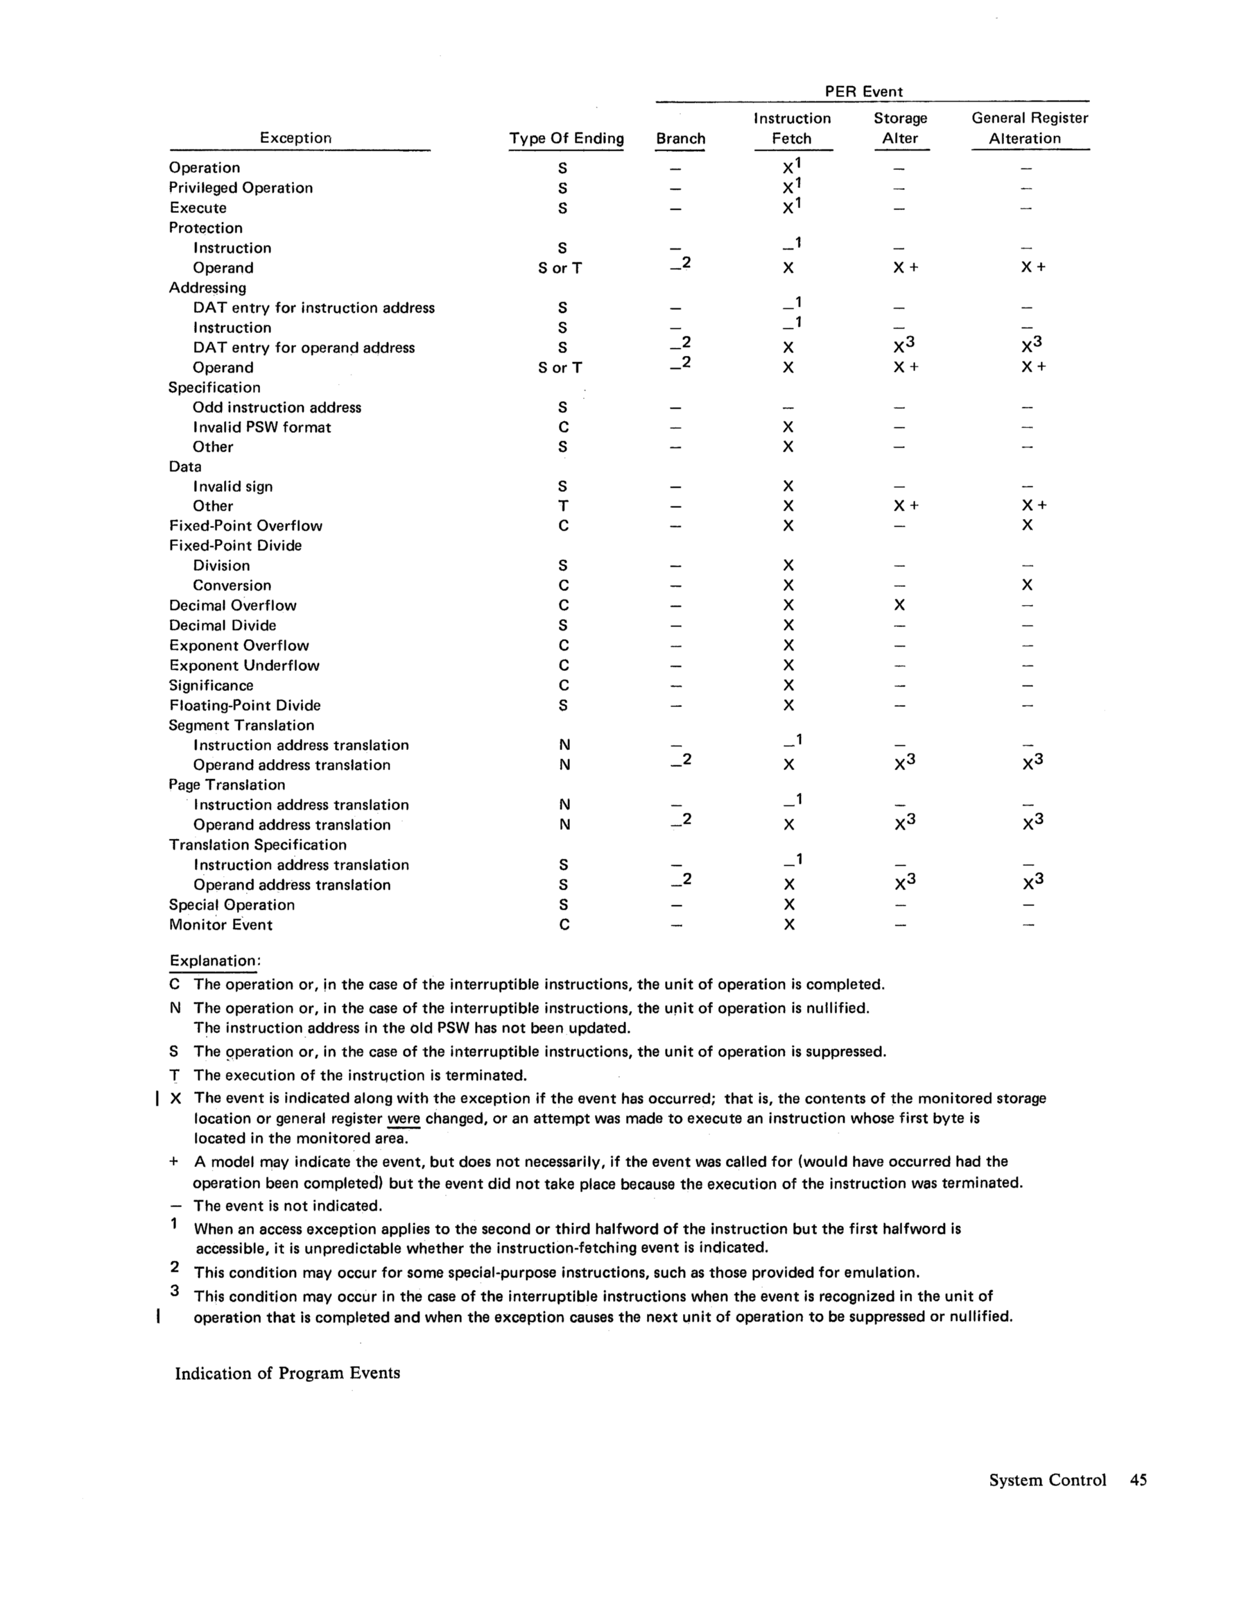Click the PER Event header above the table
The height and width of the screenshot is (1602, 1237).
tap(863, 92)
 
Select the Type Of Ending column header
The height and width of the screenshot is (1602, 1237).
tap(566, 139)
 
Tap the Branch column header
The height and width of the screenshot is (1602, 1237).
tap(680, 139)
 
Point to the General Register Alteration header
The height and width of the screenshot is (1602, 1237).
tap(1030, 128)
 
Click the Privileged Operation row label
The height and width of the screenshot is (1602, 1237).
tap(241, 188)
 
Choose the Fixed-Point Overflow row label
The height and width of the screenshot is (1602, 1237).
tap(245, 526)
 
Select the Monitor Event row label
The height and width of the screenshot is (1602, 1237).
tap(220, 925)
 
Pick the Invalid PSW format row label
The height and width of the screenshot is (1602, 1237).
tap(262, 427)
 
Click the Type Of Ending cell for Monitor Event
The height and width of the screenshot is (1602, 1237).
tap(563, 925)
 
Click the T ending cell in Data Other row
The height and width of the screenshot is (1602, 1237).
tap(563, 506)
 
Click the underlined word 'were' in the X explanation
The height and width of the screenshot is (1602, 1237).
tap(404, 1119)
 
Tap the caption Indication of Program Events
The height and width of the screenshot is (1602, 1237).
tap(288, 1373)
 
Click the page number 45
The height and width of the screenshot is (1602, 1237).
tap(1138, 1480)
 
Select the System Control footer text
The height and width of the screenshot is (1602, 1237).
tap(1047, 1480)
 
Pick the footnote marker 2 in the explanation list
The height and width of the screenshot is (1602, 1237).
tap(174, 1266)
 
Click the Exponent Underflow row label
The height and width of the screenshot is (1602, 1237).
tap(244, 665)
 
